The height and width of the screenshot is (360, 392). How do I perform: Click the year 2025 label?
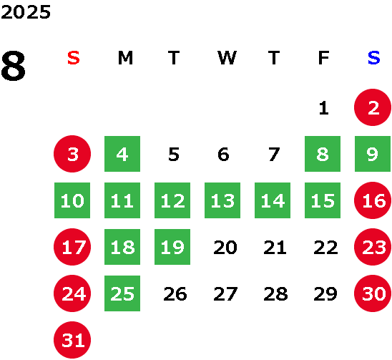click(x=26, y=12)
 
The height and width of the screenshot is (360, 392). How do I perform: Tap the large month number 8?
click(x=13, y=66)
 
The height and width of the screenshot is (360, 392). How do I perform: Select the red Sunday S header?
click(x=74, y=58)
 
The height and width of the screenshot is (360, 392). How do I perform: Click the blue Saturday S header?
click(x=374, y=58)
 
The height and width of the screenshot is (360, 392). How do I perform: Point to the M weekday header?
click(x=125, y=58)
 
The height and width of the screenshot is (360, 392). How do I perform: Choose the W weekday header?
click(x=227, y=58)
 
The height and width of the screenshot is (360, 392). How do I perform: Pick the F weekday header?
click(x=324, y=58)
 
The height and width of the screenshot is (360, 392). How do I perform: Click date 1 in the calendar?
click(x=324, y=108)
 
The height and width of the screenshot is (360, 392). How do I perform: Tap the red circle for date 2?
click(x=373, y=107)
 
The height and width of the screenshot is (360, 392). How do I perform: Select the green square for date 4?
click(x=122, y=154)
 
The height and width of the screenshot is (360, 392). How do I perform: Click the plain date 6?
click(x=223, y=154)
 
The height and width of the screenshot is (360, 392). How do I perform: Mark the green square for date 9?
click(x=373, y=154)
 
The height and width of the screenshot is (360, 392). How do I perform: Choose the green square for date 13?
click(x=222, y=200)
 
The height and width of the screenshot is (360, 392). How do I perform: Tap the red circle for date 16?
click(x=373, y=200)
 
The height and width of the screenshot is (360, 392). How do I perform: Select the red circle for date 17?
click(x=72, y=247)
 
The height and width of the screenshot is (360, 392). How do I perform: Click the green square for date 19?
click(x=172, y=247)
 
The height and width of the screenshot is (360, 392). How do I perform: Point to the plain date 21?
click(x=275, y=248)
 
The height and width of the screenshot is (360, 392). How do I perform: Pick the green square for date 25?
click(x=122, y=293)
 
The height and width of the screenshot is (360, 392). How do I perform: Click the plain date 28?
click(x=275, y=294)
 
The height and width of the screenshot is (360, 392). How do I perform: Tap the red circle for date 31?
click(x=72, y=340)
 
